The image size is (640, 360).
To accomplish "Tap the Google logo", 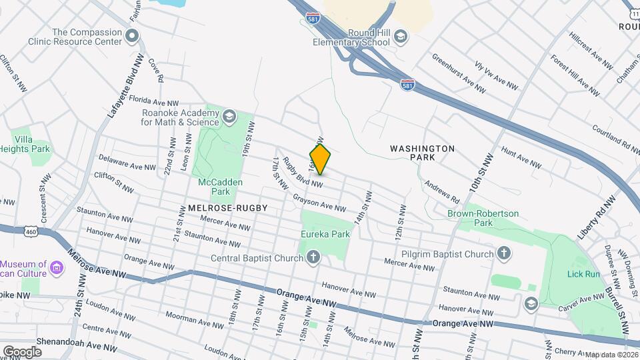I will click(x=21, y=351).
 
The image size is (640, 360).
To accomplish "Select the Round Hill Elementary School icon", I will click(x=400, y=35).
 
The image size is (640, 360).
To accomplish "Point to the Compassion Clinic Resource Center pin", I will click(x=132, y=35).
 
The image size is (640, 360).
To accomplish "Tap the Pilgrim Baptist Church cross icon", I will click(x=505, y=253).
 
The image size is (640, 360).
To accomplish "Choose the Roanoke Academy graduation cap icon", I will click(x=229, y=117).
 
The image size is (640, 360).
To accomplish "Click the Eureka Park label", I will click(x=325, y=235).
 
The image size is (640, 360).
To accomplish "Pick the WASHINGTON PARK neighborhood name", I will click(x=422, y=153).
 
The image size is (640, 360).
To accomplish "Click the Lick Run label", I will click(x=583, y=274).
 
